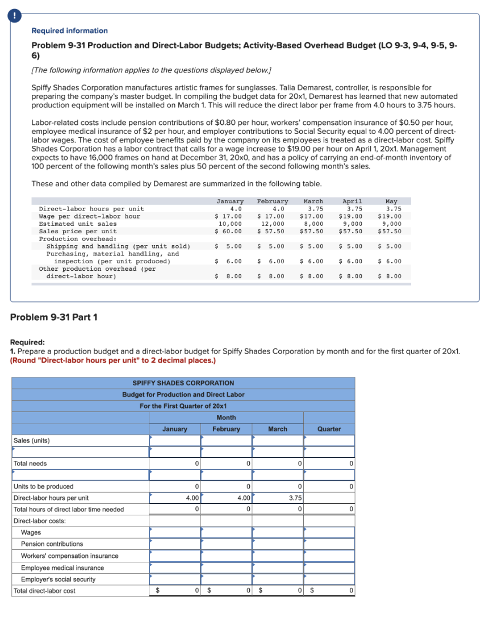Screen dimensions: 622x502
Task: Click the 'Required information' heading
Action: point(69,31)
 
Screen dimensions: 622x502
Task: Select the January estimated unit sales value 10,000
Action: point(230,224)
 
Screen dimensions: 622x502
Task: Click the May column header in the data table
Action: point(391,201)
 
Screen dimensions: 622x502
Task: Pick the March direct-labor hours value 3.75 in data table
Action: point(313,209)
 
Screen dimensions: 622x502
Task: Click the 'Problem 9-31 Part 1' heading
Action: point(53,317)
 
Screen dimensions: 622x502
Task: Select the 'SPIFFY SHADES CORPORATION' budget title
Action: point(183,383)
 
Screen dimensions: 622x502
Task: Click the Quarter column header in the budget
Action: point(329,429)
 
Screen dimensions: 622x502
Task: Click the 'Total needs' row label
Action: point(30,464)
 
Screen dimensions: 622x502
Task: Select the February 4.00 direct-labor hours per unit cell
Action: point(226,498)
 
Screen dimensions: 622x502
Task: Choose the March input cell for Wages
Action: point(278,533)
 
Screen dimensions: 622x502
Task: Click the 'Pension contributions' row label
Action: point(52,544)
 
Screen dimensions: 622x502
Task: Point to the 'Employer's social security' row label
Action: point(58,579)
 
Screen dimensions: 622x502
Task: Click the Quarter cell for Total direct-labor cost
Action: point(329,591)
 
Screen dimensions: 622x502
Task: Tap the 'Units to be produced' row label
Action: point(43,487)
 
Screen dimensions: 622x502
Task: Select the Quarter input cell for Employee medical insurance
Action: point(329,568)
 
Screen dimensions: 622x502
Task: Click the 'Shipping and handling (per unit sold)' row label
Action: point(118,246)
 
